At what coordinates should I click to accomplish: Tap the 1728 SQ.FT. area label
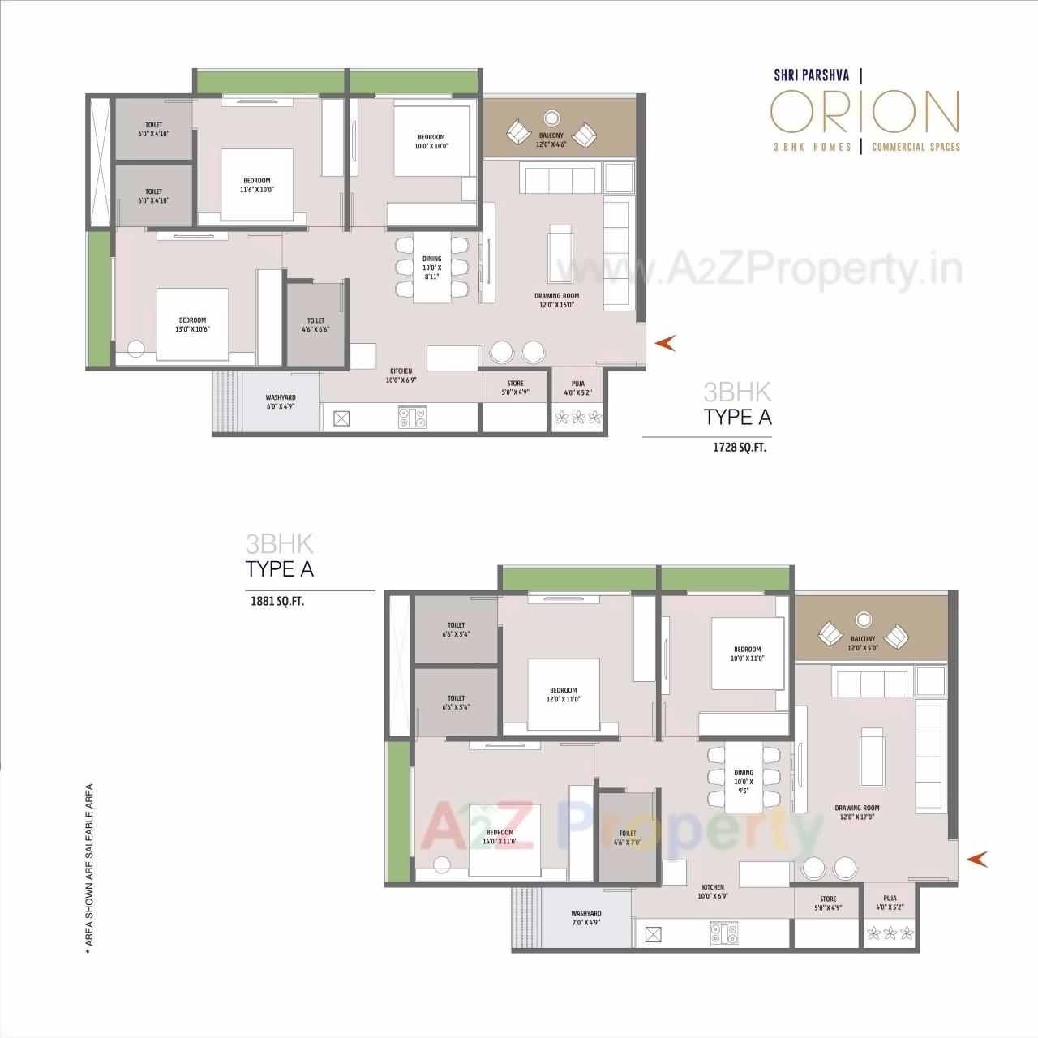[739, 447]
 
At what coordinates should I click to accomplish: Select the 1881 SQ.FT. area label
[277, 602]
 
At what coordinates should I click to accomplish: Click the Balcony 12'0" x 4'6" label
[551, 139]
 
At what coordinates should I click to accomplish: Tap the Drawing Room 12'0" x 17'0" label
[857, 813]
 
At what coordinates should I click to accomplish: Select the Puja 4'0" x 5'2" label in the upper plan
[578, 388]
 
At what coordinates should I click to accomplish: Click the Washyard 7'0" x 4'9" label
[585, 918]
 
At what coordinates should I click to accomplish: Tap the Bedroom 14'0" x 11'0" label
[500, 837]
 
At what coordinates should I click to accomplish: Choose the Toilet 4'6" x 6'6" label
[315, 325]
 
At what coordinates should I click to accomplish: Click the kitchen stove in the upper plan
[412, 418]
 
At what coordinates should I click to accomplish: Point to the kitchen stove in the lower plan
[723, 934]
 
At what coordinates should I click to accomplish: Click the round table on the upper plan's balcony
[551, 116]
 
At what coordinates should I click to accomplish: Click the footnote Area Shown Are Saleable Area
[89, 864]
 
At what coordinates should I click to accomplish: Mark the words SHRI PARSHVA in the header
[804, 75]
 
